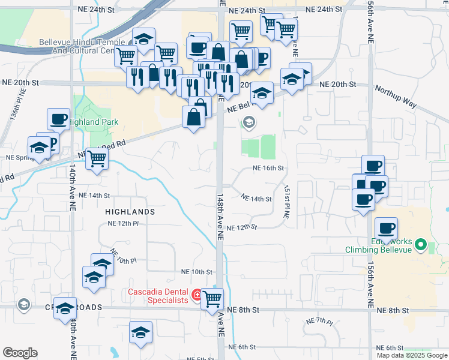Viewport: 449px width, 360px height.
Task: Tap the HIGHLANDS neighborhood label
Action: pos(130,212)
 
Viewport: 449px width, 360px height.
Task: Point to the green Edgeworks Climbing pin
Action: pos(421,245)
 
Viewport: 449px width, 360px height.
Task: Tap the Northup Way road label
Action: pos(396,96)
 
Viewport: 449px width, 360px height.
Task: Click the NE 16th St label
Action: pos(268,169)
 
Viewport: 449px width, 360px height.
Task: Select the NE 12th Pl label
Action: pos(123,223)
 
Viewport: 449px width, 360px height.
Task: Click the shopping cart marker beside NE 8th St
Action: pos(212,299)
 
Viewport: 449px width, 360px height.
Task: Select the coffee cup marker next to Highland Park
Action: pos(58,119)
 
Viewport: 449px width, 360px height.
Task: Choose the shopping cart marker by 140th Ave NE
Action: pos(96,160)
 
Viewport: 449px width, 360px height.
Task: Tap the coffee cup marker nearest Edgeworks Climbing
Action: pos(386,229)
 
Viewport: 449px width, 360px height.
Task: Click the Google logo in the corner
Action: pos(20,353)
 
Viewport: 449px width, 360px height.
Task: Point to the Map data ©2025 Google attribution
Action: pos(412,355)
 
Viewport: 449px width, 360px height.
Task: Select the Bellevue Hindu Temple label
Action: pos(82,47)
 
